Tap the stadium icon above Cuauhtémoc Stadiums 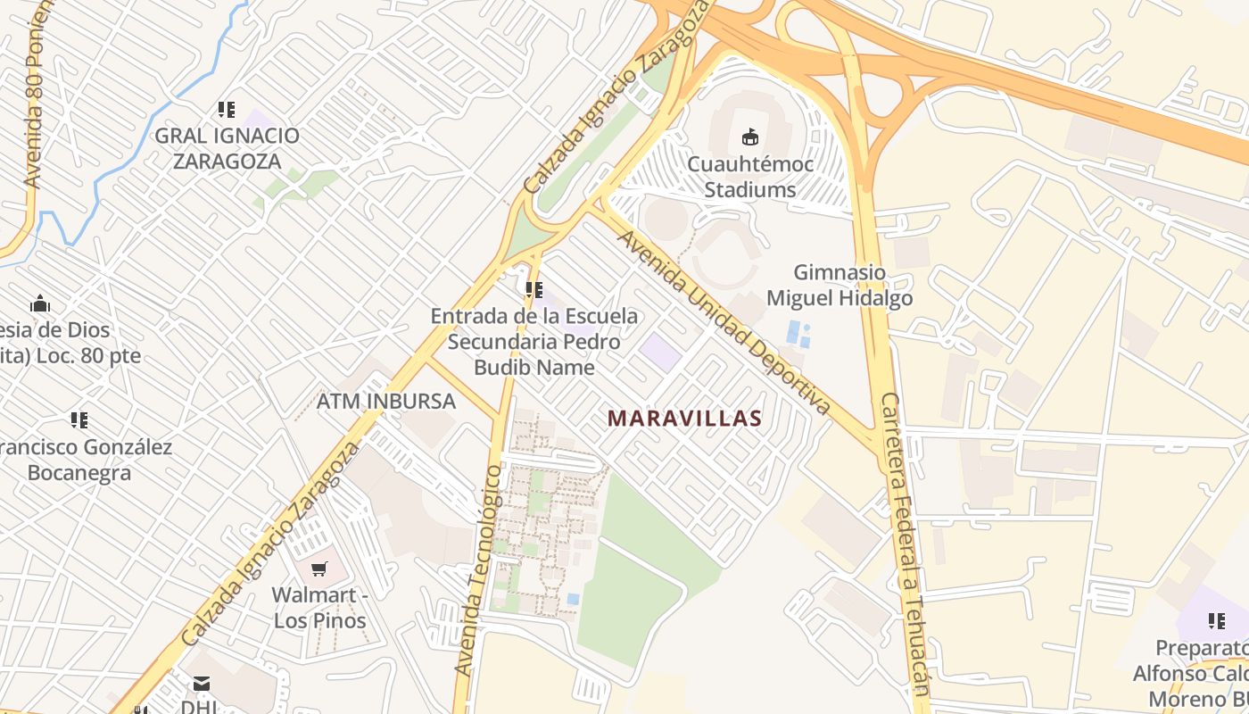[749, 137]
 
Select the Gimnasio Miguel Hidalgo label [840, 285]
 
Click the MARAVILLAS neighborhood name [684, 418]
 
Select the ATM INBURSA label [386, 401]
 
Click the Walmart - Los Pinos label [319, 607]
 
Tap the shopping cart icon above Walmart [319, 568]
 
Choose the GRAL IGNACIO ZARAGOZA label [227, 148]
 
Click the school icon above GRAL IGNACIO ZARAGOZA [227, 110]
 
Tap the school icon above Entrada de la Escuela [534, 289]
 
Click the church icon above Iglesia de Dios [40, 304]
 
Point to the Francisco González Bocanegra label [85, 459]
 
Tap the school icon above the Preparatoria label [1216, 620]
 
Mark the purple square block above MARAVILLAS [660, 352]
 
